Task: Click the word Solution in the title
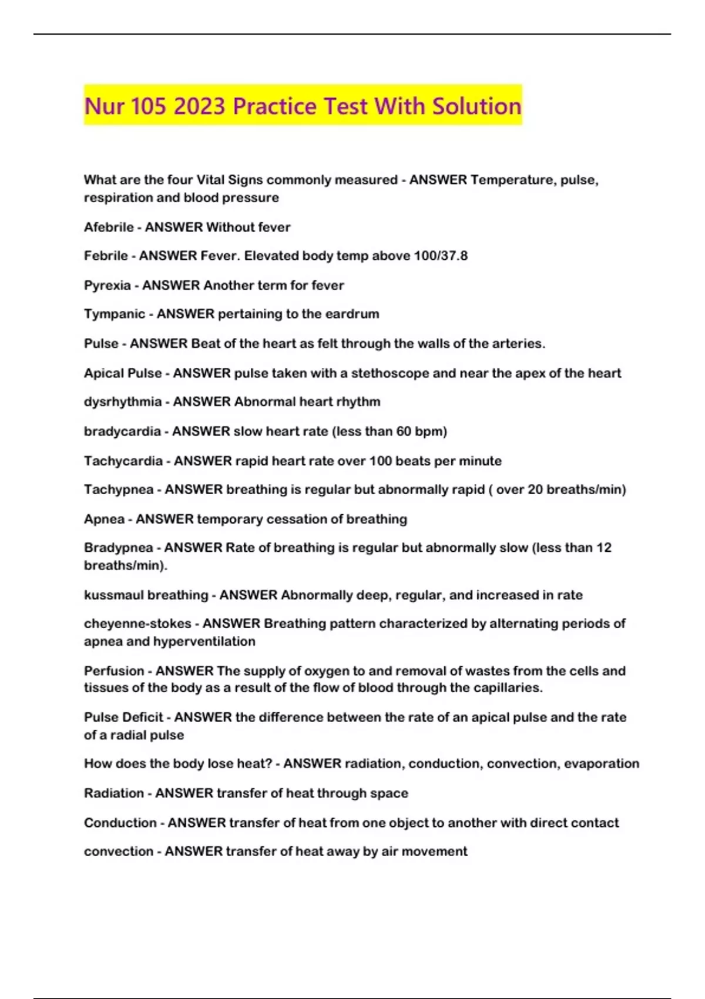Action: pyautogui.click(x=476, y=106)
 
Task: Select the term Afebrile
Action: pyautogui.click(x=109, y=227)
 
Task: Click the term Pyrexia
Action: pyautogui.click(x=108, y=286)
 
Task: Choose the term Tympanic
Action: pyautogui.click(x=115, y=314)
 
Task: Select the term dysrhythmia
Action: pyautogui.click(x=123, y=402)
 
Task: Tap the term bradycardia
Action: pyautogui.click(x=122, y=431)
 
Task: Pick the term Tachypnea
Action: pyautogui.click(x=119, y=490)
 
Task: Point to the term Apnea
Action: pyautogui.click(x=105, y=519)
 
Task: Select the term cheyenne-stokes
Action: pyautogui.click(x=137, y=623)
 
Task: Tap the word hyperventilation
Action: pyautogui.click(x=204, y=641)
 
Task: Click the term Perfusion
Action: pyautogui.click(x=114, y=671)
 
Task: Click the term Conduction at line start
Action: pyautogui.click(x=120, y=823)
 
